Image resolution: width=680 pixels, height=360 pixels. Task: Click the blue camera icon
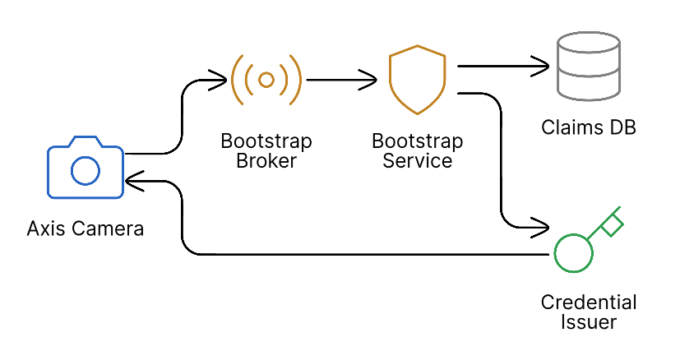click(x=85, y=168)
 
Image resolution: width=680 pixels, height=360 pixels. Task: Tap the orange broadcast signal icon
click(x=266, y=80)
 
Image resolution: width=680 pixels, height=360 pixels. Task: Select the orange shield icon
click(x=417, y=81)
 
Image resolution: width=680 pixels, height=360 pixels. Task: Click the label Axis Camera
click(x=85, y=228)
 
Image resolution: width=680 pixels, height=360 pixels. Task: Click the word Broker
click(x=266, y=161)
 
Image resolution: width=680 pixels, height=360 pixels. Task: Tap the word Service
click(x=418, y=161)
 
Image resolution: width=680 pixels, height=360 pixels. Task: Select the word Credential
click(x=589, y=302)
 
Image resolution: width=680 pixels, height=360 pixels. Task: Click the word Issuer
click(x=589, y=321)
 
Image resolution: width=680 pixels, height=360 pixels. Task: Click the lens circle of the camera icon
click(x=85, y=171)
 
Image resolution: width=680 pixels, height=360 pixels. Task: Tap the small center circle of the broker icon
click(x=266, y=80)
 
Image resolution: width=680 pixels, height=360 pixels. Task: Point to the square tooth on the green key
click(x=611, y=224)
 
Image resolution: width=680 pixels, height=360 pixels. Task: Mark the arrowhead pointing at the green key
click(x=541, y=224)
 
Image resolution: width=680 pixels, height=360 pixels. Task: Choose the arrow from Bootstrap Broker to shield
click(x=344, y=80)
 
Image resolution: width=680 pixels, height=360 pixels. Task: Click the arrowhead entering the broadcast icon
click(x=219, y=80)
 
